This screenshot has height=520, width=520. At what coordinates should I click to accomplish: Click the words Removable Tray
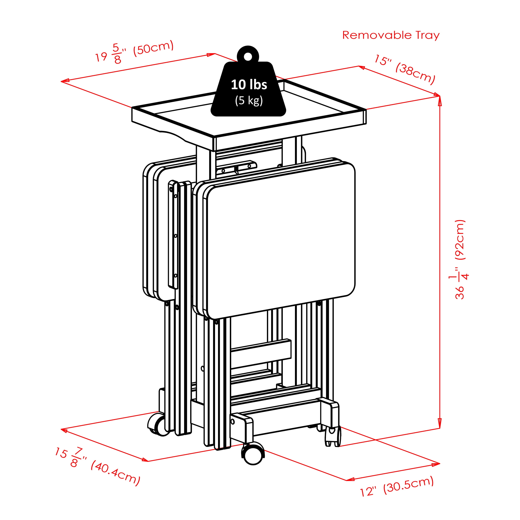(x=391, y=35)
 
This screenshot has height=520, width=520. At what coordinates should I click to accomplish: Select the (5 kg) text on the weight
(x=249, y=101)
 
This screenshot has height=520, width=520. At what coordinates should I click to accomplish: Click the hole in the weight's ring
(x=248, y=57)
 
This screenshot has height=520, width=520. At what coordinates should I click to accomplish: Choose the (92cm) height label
(x=460, y=240)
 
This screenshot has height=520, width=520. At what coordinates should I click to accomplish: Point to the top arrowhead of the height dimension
(x=440, y=100)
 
